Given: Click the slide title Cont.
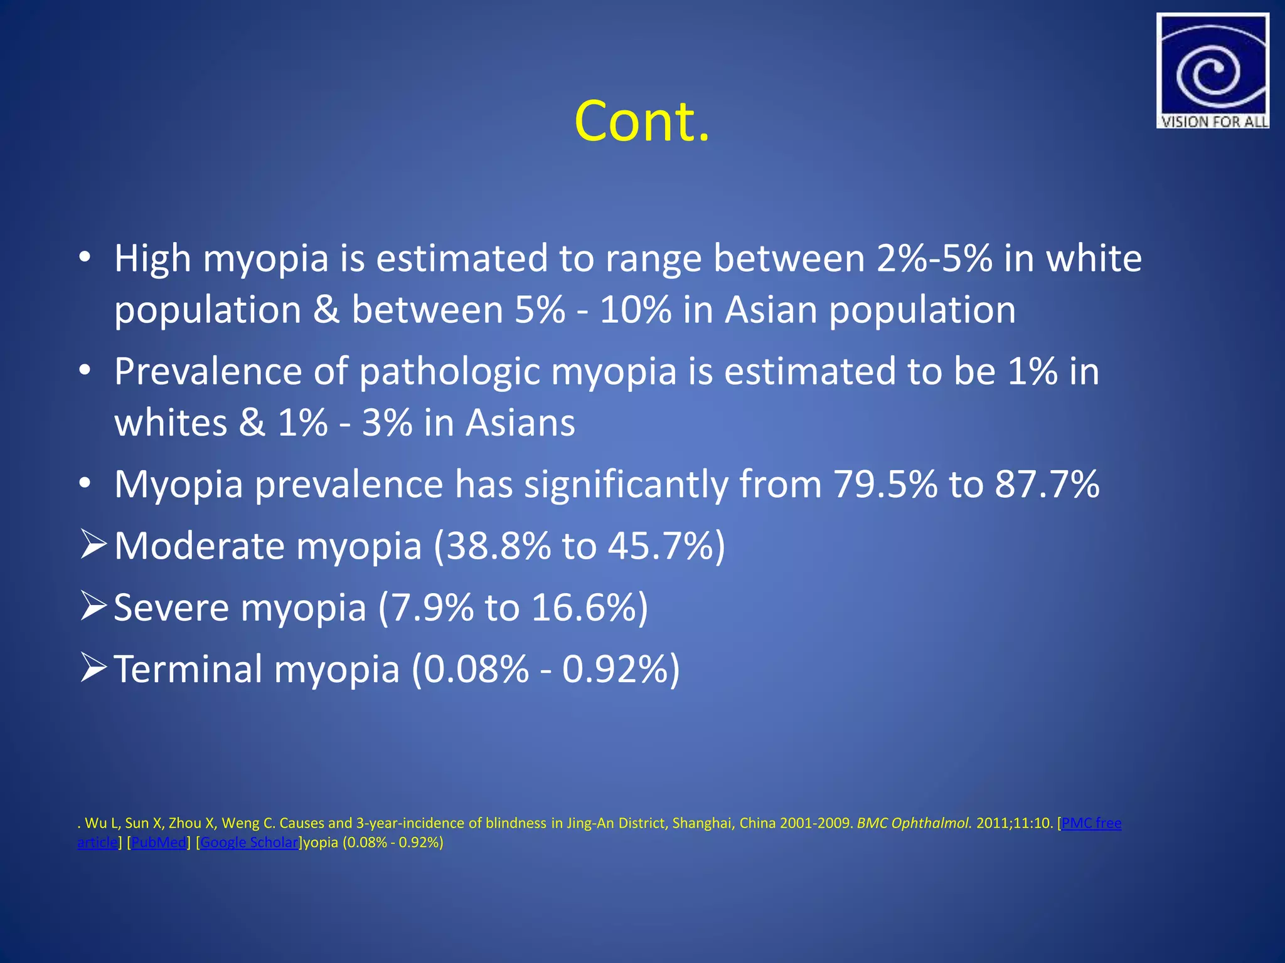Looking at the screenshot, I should click(x=642, y=120).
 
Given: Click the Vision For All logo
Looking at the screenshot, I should click(x=1212, y=71).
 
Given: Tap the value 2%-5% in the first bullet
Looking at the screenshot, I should click(x=934, y=258).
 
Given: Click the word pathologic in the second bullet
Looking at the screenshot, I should click(x=449, y=372).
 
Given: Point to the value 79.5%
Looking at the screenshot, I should click(x=885, y=484).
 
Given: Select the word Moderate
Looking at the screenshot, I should click(x=200, y=545).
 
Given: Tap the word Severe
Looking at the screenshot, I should click(x=171, y=608).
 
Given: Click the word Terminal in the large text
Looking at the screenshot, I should click(x=188, y=669).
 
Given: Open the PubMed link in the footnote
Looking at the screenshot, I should click(x=159, y=843).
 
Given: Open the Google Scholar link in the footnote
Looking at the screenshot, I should click(x=249, y=843).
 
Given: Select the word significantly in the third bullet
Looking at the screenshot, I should click(x=626, y=484).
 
